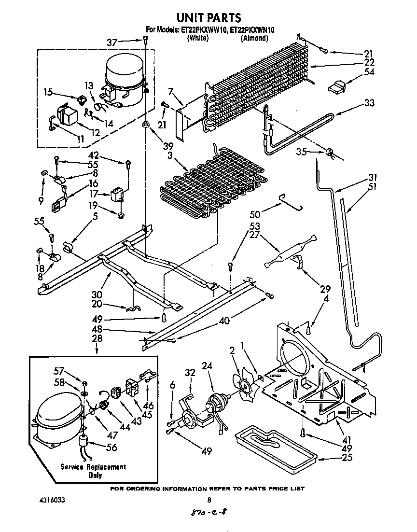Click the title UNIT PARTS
(x=208, y=18)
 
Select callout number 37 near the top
(x=111, y=43)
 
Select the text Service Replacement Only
(x=93, y=471)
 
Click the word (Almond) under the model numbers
(x=254, y=38)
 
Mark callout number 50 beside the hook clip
(x=254, y=213)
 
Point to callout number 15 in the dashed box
(x=48, y=91)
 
